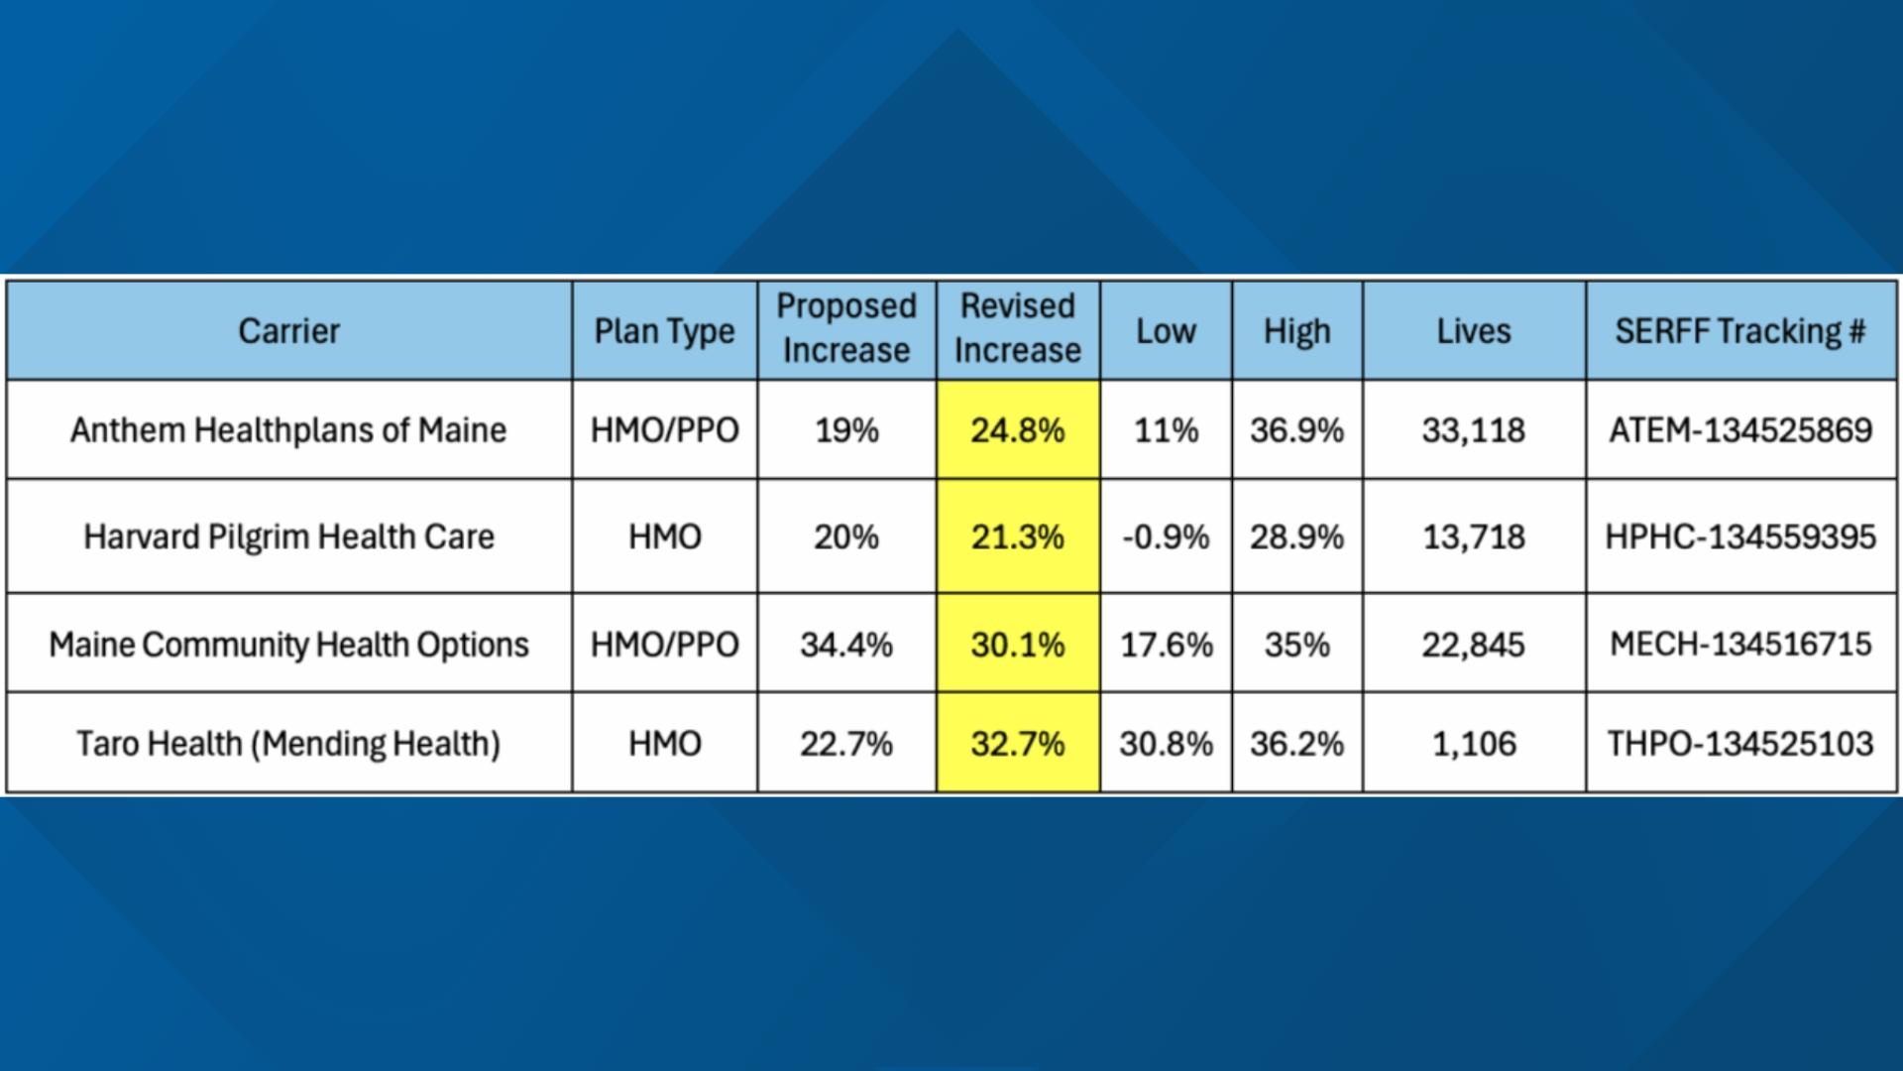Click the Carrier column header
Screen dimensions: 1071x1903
point(288,331)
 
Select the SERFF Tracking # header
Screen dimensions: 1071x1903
point(1740,331)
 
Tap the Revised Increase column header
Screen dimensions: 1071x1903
point(1017,328)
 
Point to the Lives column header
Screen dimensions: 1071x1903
point(1474,331)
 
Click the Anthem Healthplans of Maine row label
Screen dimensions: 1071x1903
point(288,430)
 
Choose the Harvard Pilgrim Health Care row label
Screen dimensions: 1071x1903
point(288,536)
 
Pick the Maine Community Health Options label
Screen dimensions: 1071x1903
point(288,645)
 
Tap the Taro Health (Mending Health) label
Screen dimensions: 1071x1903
point(288,744)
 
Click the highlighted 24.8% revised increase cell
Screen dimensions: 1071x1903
point(1017,430)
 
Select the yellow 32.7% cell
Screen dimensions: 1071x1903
point(1017,744)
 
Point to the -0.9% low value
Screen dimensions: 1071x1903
point(1166,536)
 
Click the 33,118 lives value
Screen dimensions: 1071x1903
point(1474,430)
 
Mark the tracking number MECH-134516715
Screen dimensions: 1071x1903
point(1740,645)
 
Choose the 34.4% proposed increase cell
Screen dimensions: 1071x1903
point(846,645)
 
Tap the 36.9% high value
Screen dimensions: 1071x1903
point(1296,430)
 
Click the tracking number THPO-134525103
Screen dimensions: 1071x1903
point(1740,744)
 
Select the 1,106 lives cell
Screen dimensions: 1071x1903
point(1474,744)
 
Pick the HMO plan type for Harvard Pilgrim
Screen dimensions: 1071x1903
point(665,536)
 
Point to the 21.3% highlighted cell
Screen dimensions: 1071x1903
point(1017,536)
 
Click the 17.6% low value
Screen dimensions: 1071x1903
point(1166,645)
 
